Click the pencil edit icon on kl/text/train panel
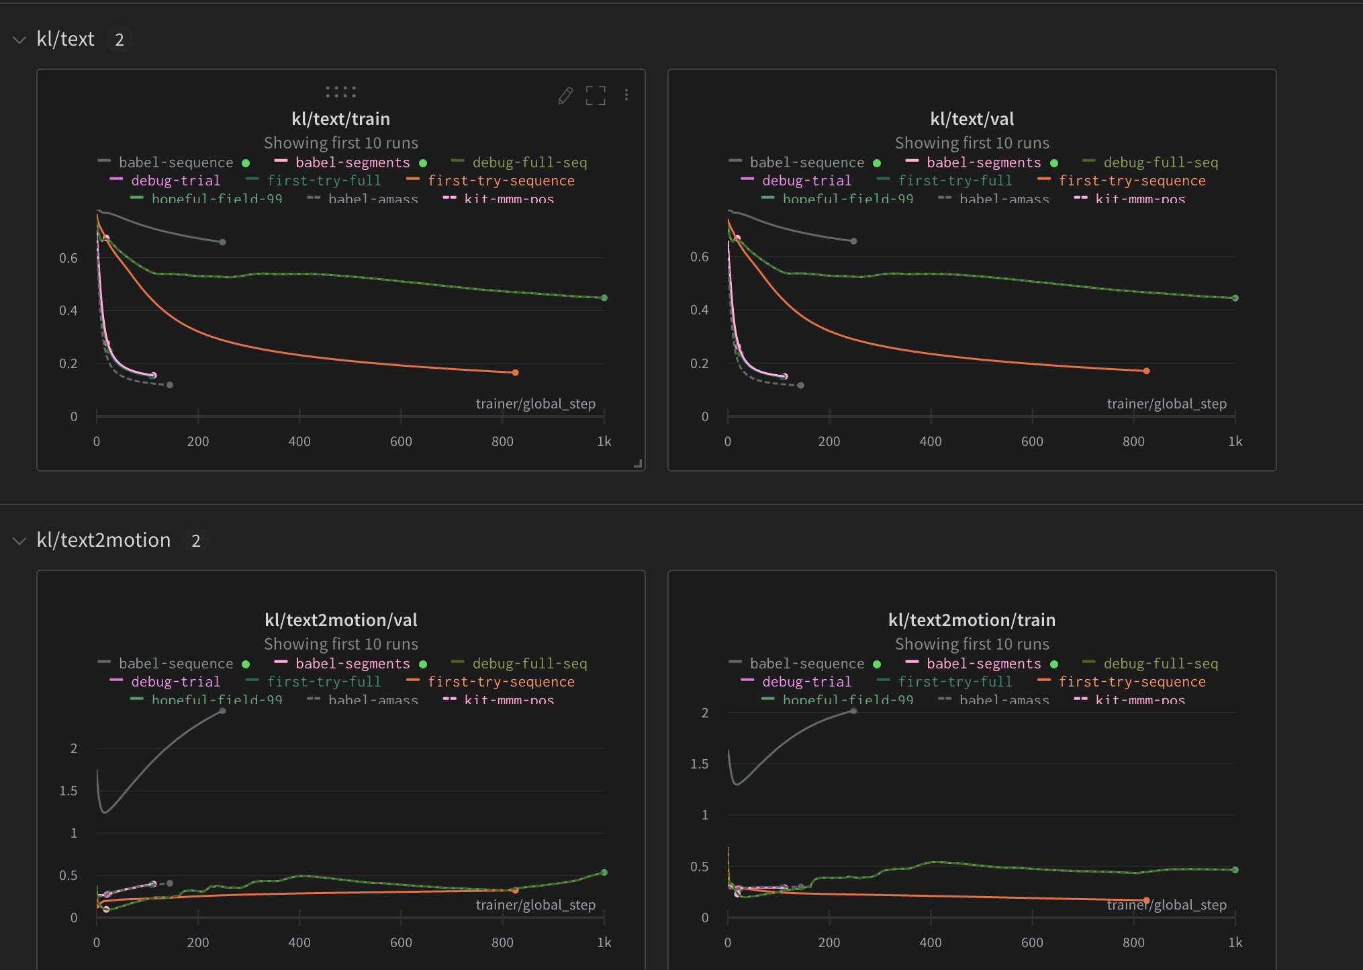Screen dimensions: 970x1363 click(x=565, y=95)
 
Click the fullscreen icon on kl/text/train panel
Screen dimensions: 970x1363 click(x=596, y=95)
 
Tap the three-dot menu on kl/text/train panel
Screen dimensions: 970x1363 click(x=626, y=95)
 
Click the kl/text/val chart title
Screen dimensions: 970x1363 click(x=972, y=119)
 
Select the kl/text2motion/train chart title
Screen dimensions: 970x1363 click(x=972, y=620)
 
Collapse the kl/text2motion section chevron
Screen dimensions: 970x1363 click(x=19, y=541)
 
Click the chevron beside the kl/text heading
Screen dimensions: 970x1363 click(x=19, y=40)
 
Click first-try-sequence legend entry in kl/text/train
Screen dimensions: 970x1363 click(x=500, y=181)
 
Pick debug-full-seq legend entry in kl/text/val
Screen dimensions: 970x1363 click(x=1160, y=163)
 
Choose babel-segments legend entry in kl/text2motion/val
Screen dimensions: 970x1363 click(x=352, y=664)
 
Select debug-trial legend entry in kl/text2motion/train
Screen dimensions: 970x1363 click(x=806, y=682)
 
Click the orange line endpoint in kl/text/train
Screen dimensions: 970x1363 click(x=515, y=372)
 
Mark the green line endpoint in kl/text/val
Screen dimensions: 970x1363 click(x=1235, y=298)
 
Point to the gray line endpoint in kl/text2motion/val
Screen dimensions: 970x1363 click(x=222, y=711)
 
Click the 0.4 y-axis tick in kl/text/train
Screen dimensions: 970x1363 click(x=68, y=310)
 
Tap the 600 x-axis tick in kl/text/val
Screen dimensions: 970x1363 click(x=1032, y=441)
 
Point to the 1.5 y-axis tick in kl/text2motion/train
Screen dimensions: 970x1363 click(x=699, y=764)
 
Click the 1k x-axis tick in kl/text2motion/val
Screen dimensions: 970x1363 click(x=604, y=942)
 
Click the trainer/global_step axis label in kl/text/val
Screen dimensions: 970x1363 click(x=1166, y=404)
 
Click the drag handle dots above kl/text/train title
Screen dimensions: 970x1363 click(x=340, y=92)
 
